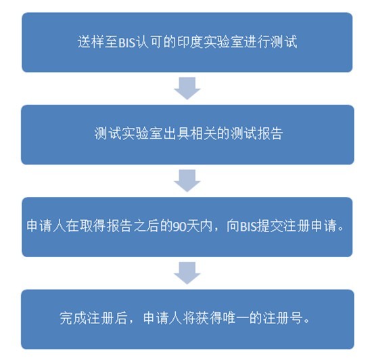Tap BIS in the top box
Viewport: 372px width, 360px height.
[x=126, y=43]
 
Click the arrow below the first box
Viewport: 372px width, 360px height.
[x=187, y=88]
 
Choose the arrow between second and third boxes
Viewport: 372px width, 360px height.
[x=187, y=181]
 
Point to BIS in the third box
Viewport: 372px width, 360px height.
[x=248, y=226]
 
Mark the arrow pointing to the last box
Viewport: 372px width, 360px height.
[x=187, y=273]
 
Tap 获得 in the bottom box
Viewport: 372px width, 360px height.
[x=209, y=318]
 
